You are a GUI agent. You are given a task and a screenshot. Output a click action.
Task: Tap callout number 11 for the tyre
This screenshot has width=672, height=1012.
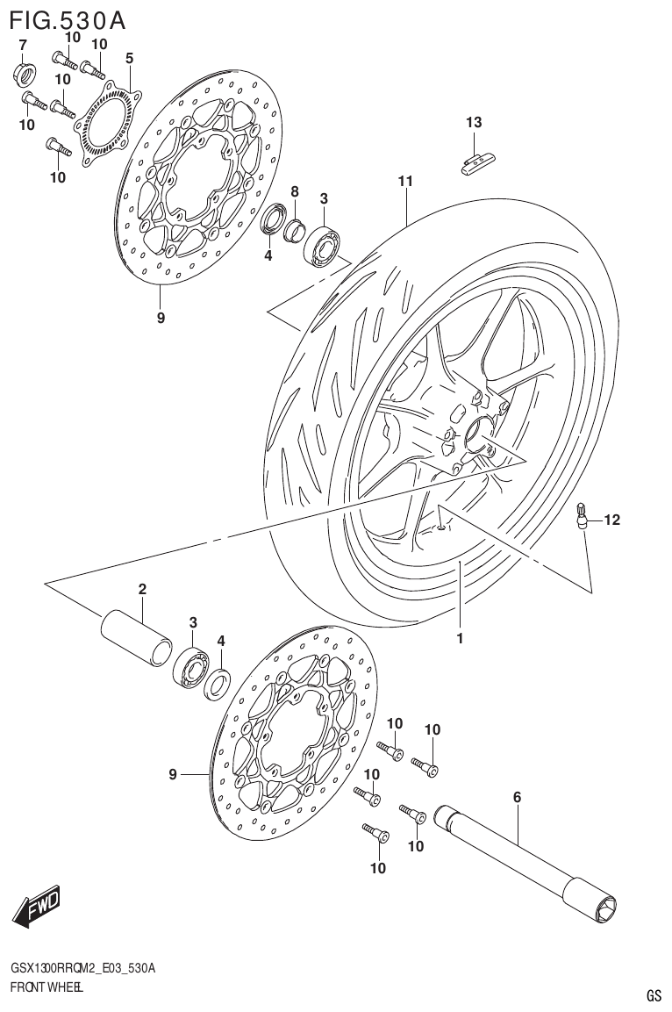(404, 182)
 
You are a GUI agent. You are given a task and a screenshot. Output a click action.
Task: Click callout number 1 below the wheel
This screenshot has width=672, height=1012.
(459, 638)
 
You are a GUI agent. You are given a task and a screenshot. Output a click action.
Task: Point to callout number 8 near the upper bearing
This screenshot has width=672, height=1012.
(295, 191)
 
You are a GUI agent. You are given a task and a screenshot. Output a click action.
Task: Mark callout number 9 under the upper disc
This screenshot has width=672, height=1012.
(161, 318)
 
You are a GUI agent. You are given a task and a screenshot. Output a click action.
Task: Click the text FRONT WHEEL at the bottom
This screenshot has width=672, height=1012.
(46, 988)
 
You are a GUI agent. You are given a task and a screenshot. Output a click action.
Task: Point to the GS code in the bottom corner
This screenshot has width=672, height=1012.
(654, 995)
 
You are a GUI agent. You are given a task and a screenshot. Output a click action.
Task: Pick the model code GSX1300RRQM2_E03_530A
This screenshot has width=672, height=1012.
(83, 968)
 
